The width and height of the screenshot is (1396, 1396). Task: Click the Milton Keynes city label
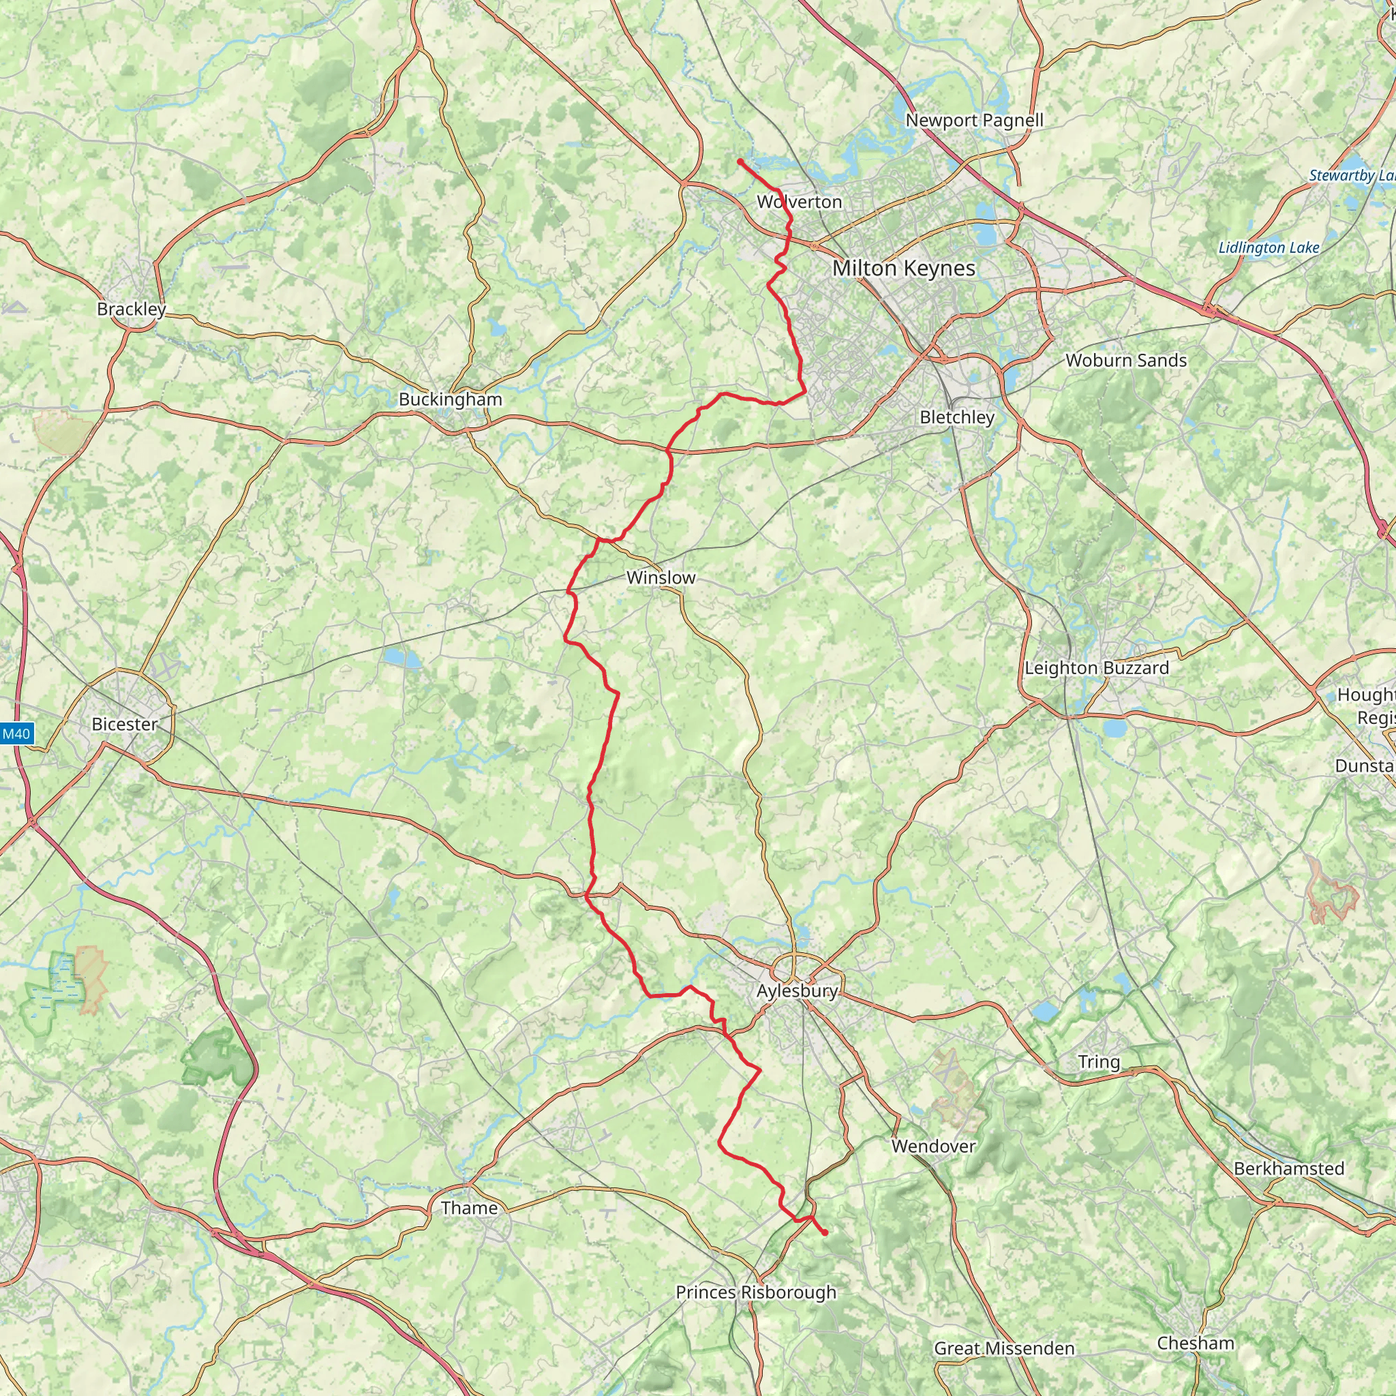click(903, 269)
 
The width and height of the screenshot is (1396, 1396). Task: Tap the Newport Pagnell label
click(974, 121)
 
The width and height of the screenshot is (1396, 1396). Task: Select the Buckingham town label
click(450, 399)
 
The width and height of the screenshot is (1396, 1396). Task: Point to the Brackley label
click(132, 309)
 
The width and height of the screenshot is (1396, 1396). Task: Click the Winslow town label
click(661, 578)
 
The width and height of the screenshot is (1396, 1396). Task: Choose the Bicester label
click(124, 724)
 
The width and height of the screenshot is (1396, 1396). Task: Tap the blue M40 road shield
click(16, 734)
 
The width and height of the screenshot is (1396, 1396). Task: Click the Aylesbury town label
click(797, 990)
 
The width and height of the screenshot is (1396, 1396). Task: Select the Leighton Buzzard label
click(1096, 667)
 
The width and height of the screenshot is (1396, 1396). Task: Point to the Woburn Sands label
click(1126, 361)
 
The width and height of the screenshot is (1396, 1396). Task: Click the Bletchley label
click(956, 417)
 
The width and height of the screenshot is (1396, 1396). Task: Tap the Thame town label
click(469, 1208)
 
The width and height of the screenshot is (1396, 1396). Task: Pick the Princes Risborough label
click(756, 1292)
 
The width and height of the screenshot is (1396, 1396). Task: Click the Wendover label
click(933, 1146)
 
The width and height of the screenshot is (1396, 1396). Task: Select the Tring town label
click(1098, 1061)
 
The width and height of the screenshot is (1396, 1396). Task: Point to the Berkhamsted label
click(1288, 1168)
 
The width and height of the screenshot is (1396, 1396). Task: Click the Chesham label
click(1195, 1343)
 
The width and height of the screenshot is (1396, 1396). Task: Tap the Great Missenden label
click(1003, 1348)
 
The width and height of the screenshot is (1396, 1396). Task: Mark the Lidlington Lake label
click(1269, 248)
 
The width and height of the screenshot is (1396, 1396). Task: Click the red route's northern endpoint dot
click(741, 162)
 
